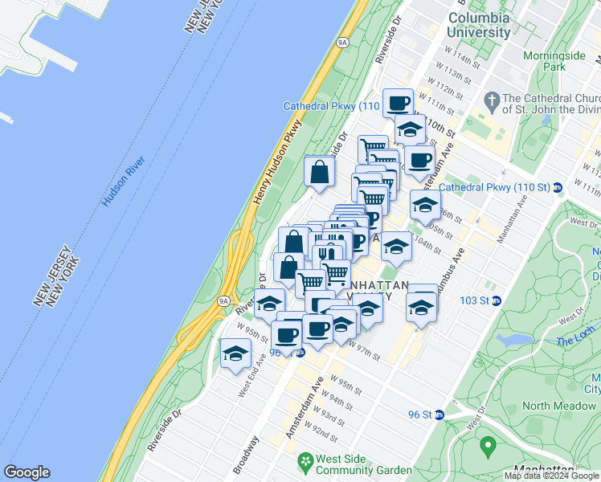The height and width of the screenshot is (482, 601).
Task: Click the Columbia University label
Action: pos(479,25)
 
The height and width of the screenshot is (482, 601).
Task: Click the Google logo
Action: pos(27,472)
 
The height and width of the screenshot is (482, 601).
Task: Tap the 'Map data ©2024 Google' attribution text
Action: pos(552,476)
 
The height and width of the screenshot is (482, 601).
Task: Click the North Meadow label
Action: pos(558,406)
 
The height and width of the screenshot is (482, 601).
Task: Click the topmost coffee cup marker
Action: pos(398,102)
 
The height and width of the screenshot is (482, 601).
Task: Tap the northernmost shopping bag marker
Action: pos(320,171)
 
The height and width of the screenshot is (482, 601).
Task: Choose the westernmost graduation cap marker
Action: pos(235,353)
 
